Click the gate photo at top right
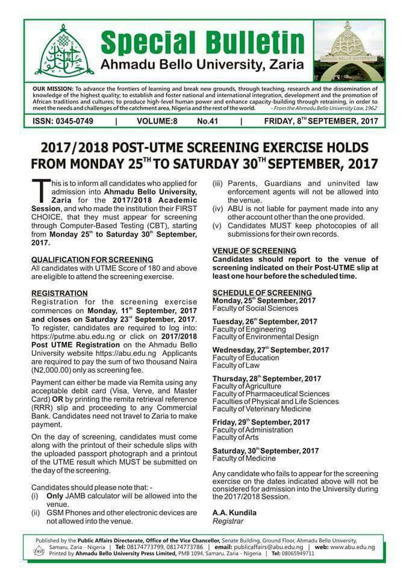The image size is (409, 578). pyautogui.click(x=348, y=51)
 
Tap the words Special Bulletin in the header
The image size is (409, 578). pyautogui.click(x=202, y=42)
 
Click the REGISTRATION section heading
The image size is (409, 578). pyautogui.click(x=59, y=293)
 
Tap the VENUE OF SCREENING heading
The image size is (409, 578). pyautogui.click(x=254, y=250)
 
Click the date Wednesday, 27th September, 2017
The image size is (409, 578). pyautogui.click(x=270, y=349)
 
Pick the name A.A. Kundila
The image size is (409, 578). pyautogui.click(x=234, y=512)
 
